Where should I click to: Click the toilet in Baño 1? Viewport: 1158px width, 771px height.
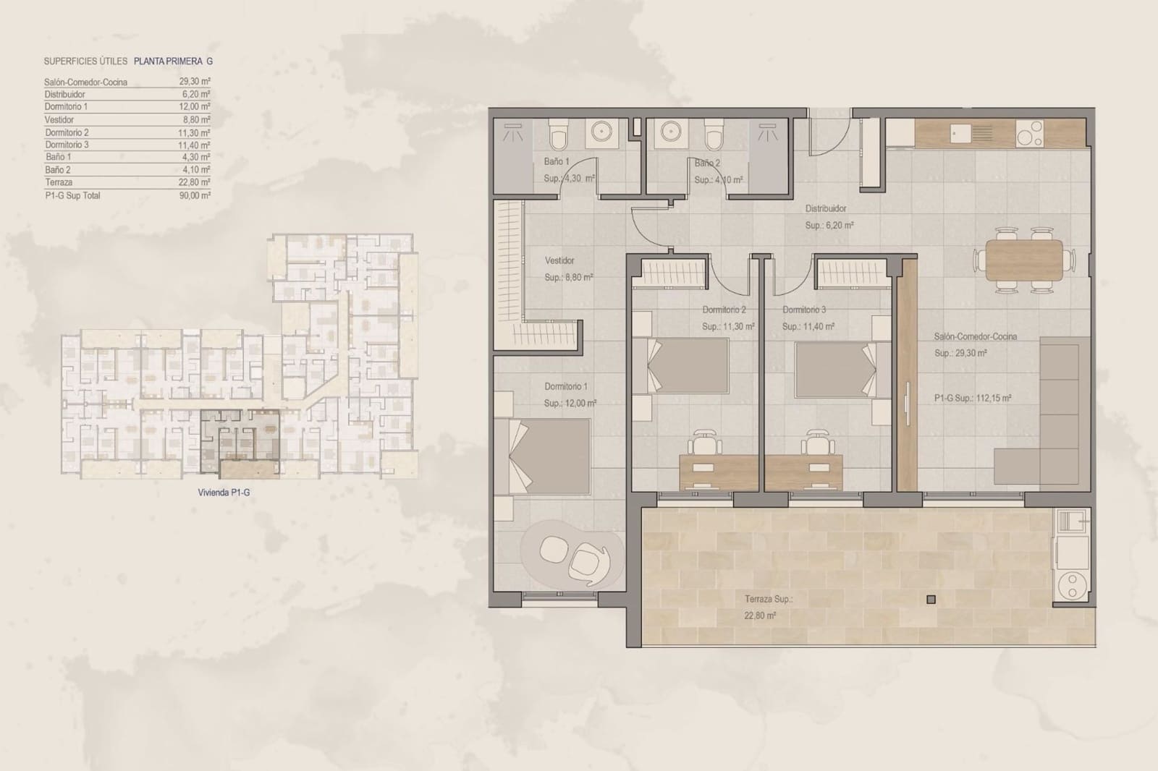pos(557,135)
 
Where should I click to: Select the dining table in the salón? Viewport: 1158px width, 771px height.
pos(1023,260)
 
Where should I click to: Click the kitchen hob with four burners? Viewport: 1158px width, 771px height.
pos(1030,134)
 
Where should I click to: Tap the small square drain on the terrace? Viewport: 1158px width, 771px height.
pos(931,599)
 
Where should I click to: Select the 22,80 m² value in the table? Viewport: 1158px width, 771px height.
pos(195,182)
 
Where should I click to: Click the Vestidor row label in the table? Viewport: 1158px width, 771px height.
pos(59,119)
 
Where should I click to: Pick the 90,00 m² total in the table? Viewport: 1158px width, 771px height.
pos(195,195)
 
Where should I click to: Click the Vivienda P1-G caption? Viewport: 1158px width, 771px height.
pos(224,492)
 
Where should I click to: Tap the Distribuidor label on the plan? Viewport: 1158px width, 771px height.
pos(826,208)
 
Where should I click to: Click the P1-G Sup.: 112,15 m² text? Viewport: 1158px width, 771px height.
pos(972,398)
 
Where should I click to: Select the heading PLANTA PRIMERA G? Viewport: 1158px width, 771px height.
pos(173,61)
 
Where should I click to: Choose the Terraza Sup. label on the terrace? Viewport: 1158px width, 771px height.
pos(768,599)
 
